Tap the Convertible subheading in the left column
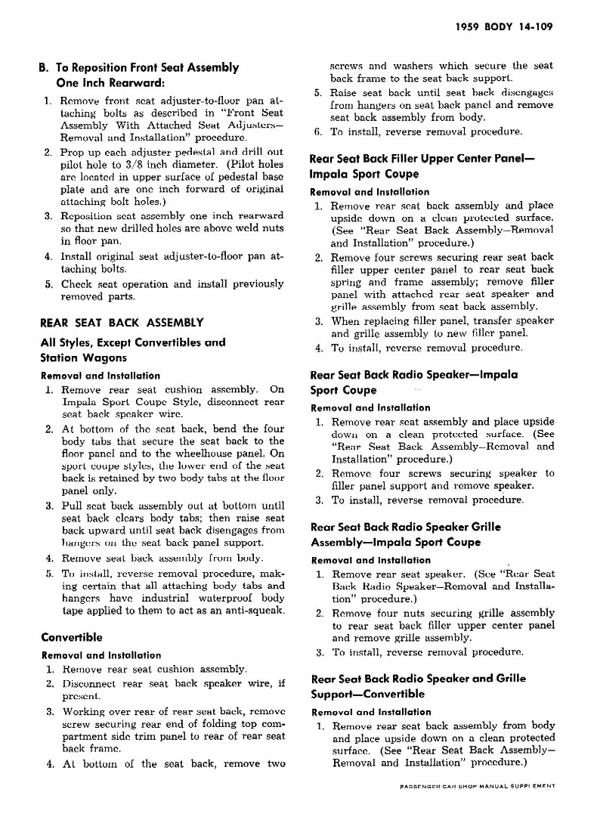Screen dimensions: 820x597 point(72,637)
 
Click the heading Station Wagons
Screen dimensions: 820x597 point(83,357)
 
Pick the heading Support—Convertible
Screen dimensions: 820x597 point(367,694)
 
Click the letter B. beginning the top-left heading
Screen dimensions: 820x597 point(45,67)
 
